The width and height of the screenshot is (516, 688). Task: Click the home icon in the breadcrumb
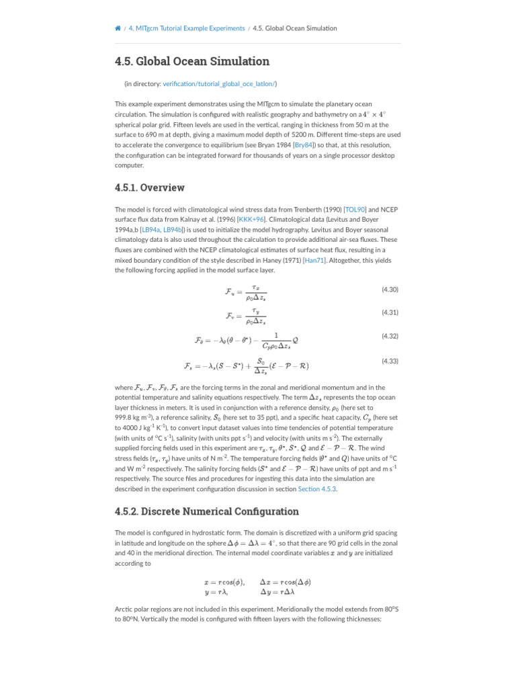(x=118, y=28)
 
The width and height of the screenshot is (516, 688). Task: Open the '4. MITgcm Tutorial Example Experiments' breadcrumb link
(x=187, y=28)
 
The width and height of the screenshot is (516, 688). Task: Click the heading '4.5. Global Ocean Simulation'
(x=192, y=62)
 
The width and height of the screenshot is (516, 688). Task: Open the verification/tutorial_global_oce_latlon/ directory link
(x=219, y=84)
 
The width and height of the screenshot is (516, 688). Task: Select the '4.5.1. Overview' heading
(x=150, y=188)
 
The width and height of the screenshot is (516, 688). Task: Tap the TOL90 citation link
(x=355, y=210)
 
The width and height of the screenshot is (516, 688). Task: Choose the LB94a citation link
(x=150, y=230)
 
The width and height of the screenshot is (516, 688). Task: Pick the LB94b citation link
(x=173, y=230)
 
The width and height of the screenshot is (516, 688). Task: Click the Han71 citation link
(x=313, y=260)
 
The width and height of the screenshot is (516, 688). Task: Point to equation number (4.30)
(x=390, y=290)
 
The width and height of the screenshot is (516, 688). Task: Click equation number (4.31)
(x=390, y=312)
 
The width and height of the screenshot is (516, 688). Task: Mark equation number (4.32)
(x=390, y=336)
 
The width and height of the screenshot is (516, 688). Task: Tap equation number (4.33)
(x=390, y=361)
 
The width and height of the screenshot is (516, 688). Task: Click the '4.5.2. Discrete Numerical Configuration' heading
(x=207, y=512)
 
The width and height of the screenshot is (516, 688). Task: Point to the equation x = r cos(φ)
(x=224, y=582)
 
